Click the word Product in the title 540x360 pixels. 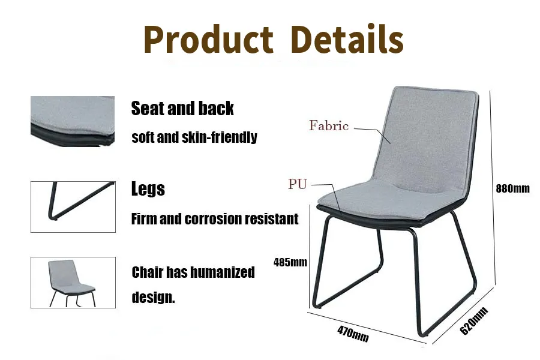coord(208,40)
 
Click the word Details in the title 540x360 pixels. coord(347,38)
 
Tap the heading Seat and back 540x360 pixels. coord(182,108)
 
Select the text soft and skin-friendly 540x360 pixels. coord(194,137)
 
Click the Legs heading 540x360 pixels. coord(148,189)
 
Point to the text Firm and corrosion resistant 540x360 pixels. coord(215,219)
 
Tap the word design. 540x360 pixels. coord(153,297)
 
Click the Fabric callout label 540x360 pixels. coord(329,125)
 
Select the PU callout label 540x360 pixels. coord(298,184)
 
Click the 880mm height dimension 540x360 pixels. coord(512,188)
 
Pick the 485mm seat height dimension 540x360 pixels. coord(290,262)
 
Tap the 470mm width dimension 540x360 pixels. coord(353,334)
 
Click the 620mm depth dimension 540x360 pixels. coord(474,321)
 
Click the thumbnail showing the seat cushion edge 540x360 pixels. coord(73,121)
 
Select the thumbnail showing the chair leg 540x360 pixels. coord(73,206)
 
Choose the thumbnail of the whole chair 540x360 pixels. coord(73,283)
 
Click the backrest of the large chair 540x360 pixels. coord(429,138)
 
